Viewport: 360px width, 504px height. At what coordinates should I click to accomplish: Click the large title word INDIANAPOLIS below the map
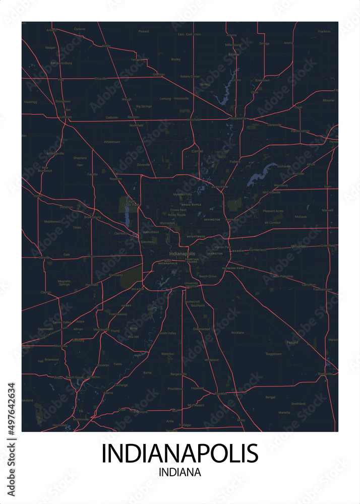pyautogui.click(x=179, y=454)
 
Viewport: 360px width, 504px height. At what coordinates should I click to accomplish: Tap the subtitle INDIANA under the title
pyautogui.click(x=179, y=473)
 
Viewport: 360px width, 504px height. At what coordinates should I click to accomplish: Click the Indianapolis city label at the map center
pyautogui.click(x=182, y=254)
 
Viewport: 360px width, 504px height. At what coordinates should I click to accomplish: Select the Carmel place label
pyautogui.click(x=196, y=151)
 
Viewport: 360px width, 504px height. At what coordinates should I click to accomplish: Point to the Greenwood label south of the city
pyautogui.click(x=202, y=329)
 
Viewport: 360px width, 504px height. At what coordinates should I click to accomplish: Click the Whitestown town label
pyautogui.click(x=111, y=142)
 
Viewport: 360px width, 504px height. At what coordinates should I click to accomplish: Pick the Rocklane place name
pyautogui.click(x=237, y=333)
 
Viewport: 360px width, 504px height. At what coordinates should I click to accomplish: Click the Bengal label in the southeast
pyautogui.click(x=271, y=397)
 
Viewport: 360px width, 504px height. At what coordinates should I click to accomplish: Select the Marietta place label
pyautogui.click(x=284, y=412)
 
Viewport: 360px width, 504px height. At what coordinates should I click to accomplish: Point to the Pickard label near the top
pyautogui.click(x=144, y=31)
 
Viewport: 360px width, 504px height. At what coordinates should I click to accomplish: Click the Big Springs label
pyautogui.click(x=144, y=106)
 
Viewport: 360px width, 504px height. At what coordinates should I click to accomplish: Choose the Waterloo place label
pyautogui.click(x=167, y=354)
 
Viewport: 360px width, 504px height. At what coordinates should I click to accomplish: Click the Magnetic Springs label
pyautogui.click(x=64, y=283)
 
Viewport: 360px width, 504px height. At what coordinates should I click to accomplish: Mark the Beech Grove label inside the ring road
pyautogui.click(x=207, y=276)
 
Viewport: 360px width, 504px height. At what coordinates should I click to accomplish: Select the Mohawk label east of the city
pyautogui.click(x=301, y=217)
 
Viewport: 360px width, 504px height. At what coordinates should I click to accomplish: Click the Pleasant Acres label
pyautogui.click(x=273, y=211)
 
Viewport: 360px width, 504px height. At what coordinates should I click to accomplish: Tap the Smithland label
pyautogui.click(x=298, y=404)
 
